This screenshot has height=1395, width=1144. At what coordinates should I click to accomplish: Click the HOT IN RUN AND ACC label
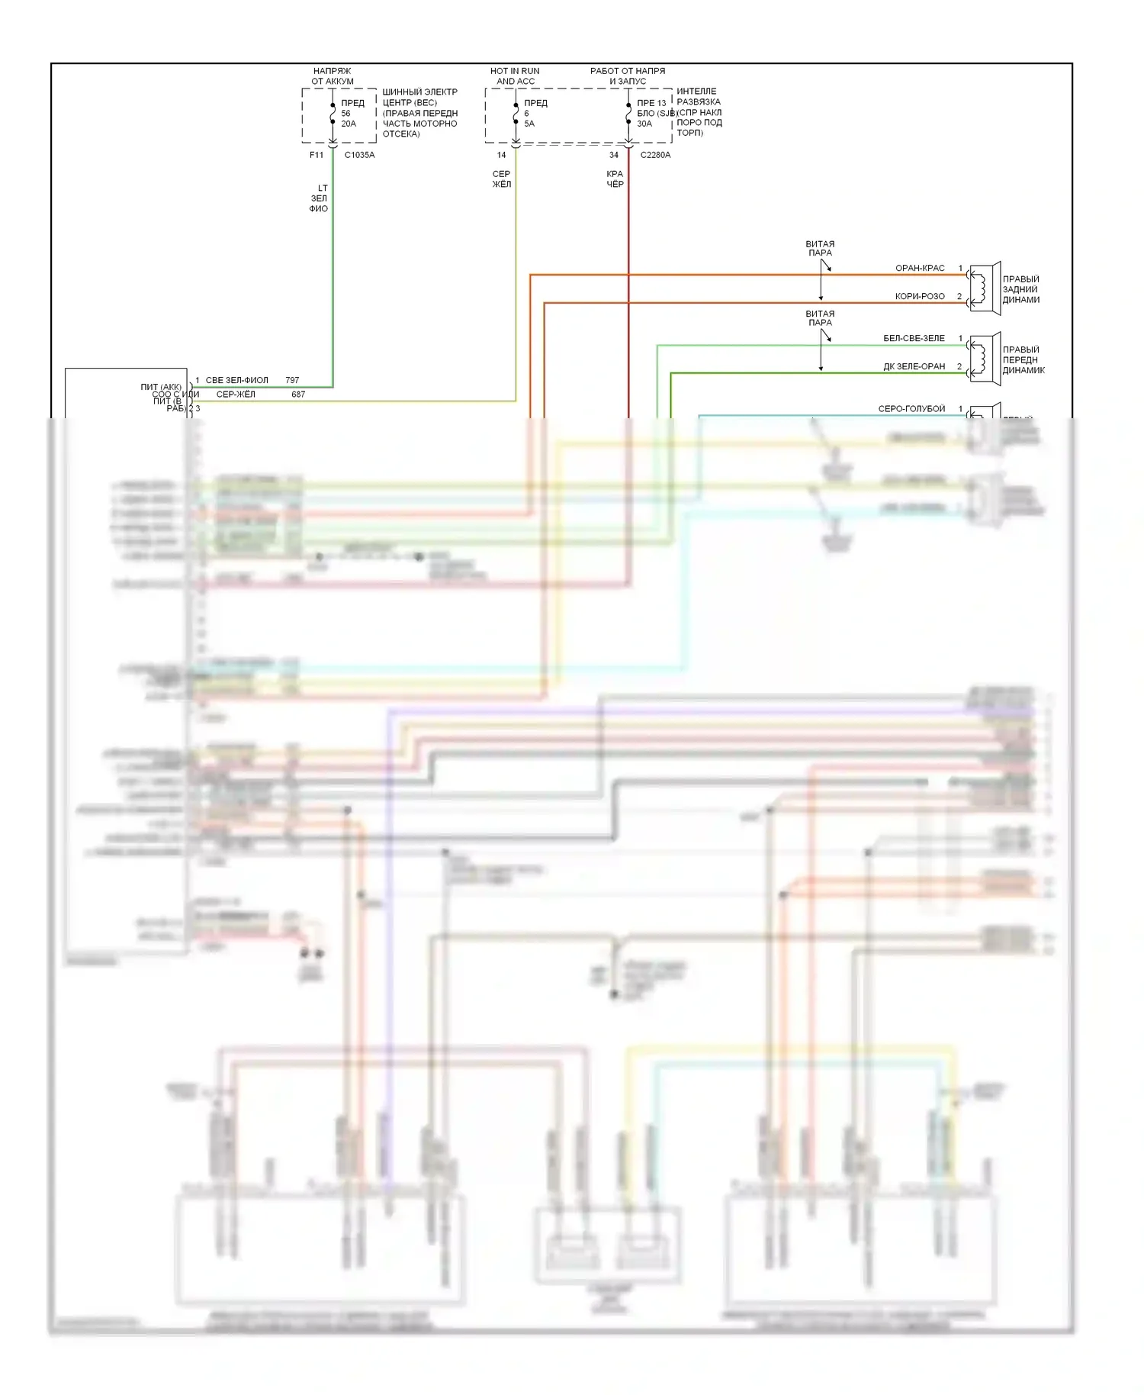point(515,76)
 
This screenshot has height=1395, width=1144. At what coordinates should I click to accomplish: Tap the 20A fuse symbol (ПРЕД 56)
point(333,114)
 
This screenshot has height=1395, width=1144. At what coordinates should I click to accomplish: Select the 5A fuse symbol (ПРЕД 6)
point(516,114)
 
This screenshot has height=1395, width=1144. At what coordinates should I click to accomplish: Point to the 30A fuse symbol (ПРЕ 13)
point(628,114)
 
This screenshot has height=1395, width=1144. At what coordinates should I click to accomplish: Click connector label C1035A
point(359,155)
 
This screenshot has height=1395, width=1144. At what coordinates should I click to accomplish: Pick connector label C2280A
point(655,155)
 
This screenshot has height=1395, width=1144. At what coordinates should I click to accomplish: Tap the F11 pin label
point(317,155)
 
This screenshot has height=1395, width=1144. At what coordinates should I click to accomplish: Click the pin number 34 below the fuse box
point(614,155)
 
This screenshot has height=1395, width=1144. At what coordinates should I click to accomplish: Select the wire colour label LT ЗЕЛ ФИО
point(320,198)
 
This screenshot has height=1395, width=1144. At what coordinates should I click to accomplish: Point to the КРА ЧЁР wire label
point(615,179)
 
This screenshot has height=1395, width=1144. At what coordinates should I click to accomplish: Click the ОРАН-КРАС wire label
point(920,268)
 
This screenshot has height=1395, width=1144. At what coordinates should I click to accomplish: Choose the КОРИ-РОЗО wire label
point(920,296)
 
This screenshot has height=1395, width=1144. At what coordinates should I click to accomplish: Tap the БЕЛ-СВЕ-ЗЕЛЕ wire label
point(914,338)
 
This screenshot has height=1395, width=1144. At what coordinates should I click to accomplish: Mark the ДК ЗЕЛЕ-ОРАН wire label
point(914,366)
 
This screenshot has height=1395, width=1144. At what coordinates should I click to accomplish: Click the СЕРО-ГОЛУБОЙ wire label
point(911,408)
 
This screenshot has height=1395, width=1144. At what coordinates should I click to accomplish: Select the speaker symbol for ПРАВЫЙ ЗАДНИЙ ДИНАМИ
point(984,288)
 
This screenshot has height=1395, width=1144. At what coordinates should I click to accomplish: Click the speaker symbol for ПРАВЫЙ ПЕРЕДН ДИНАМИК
point(984,358)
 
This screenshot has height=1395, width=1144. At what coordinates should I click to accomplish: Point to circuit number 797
point(292,380)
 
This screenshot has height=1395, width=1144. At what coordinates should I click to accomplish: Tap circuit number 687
point(298,395)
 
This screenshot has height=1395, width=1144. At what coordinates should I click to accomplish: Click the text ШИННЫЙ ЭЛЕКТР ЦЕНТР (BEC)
point(419,97)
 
